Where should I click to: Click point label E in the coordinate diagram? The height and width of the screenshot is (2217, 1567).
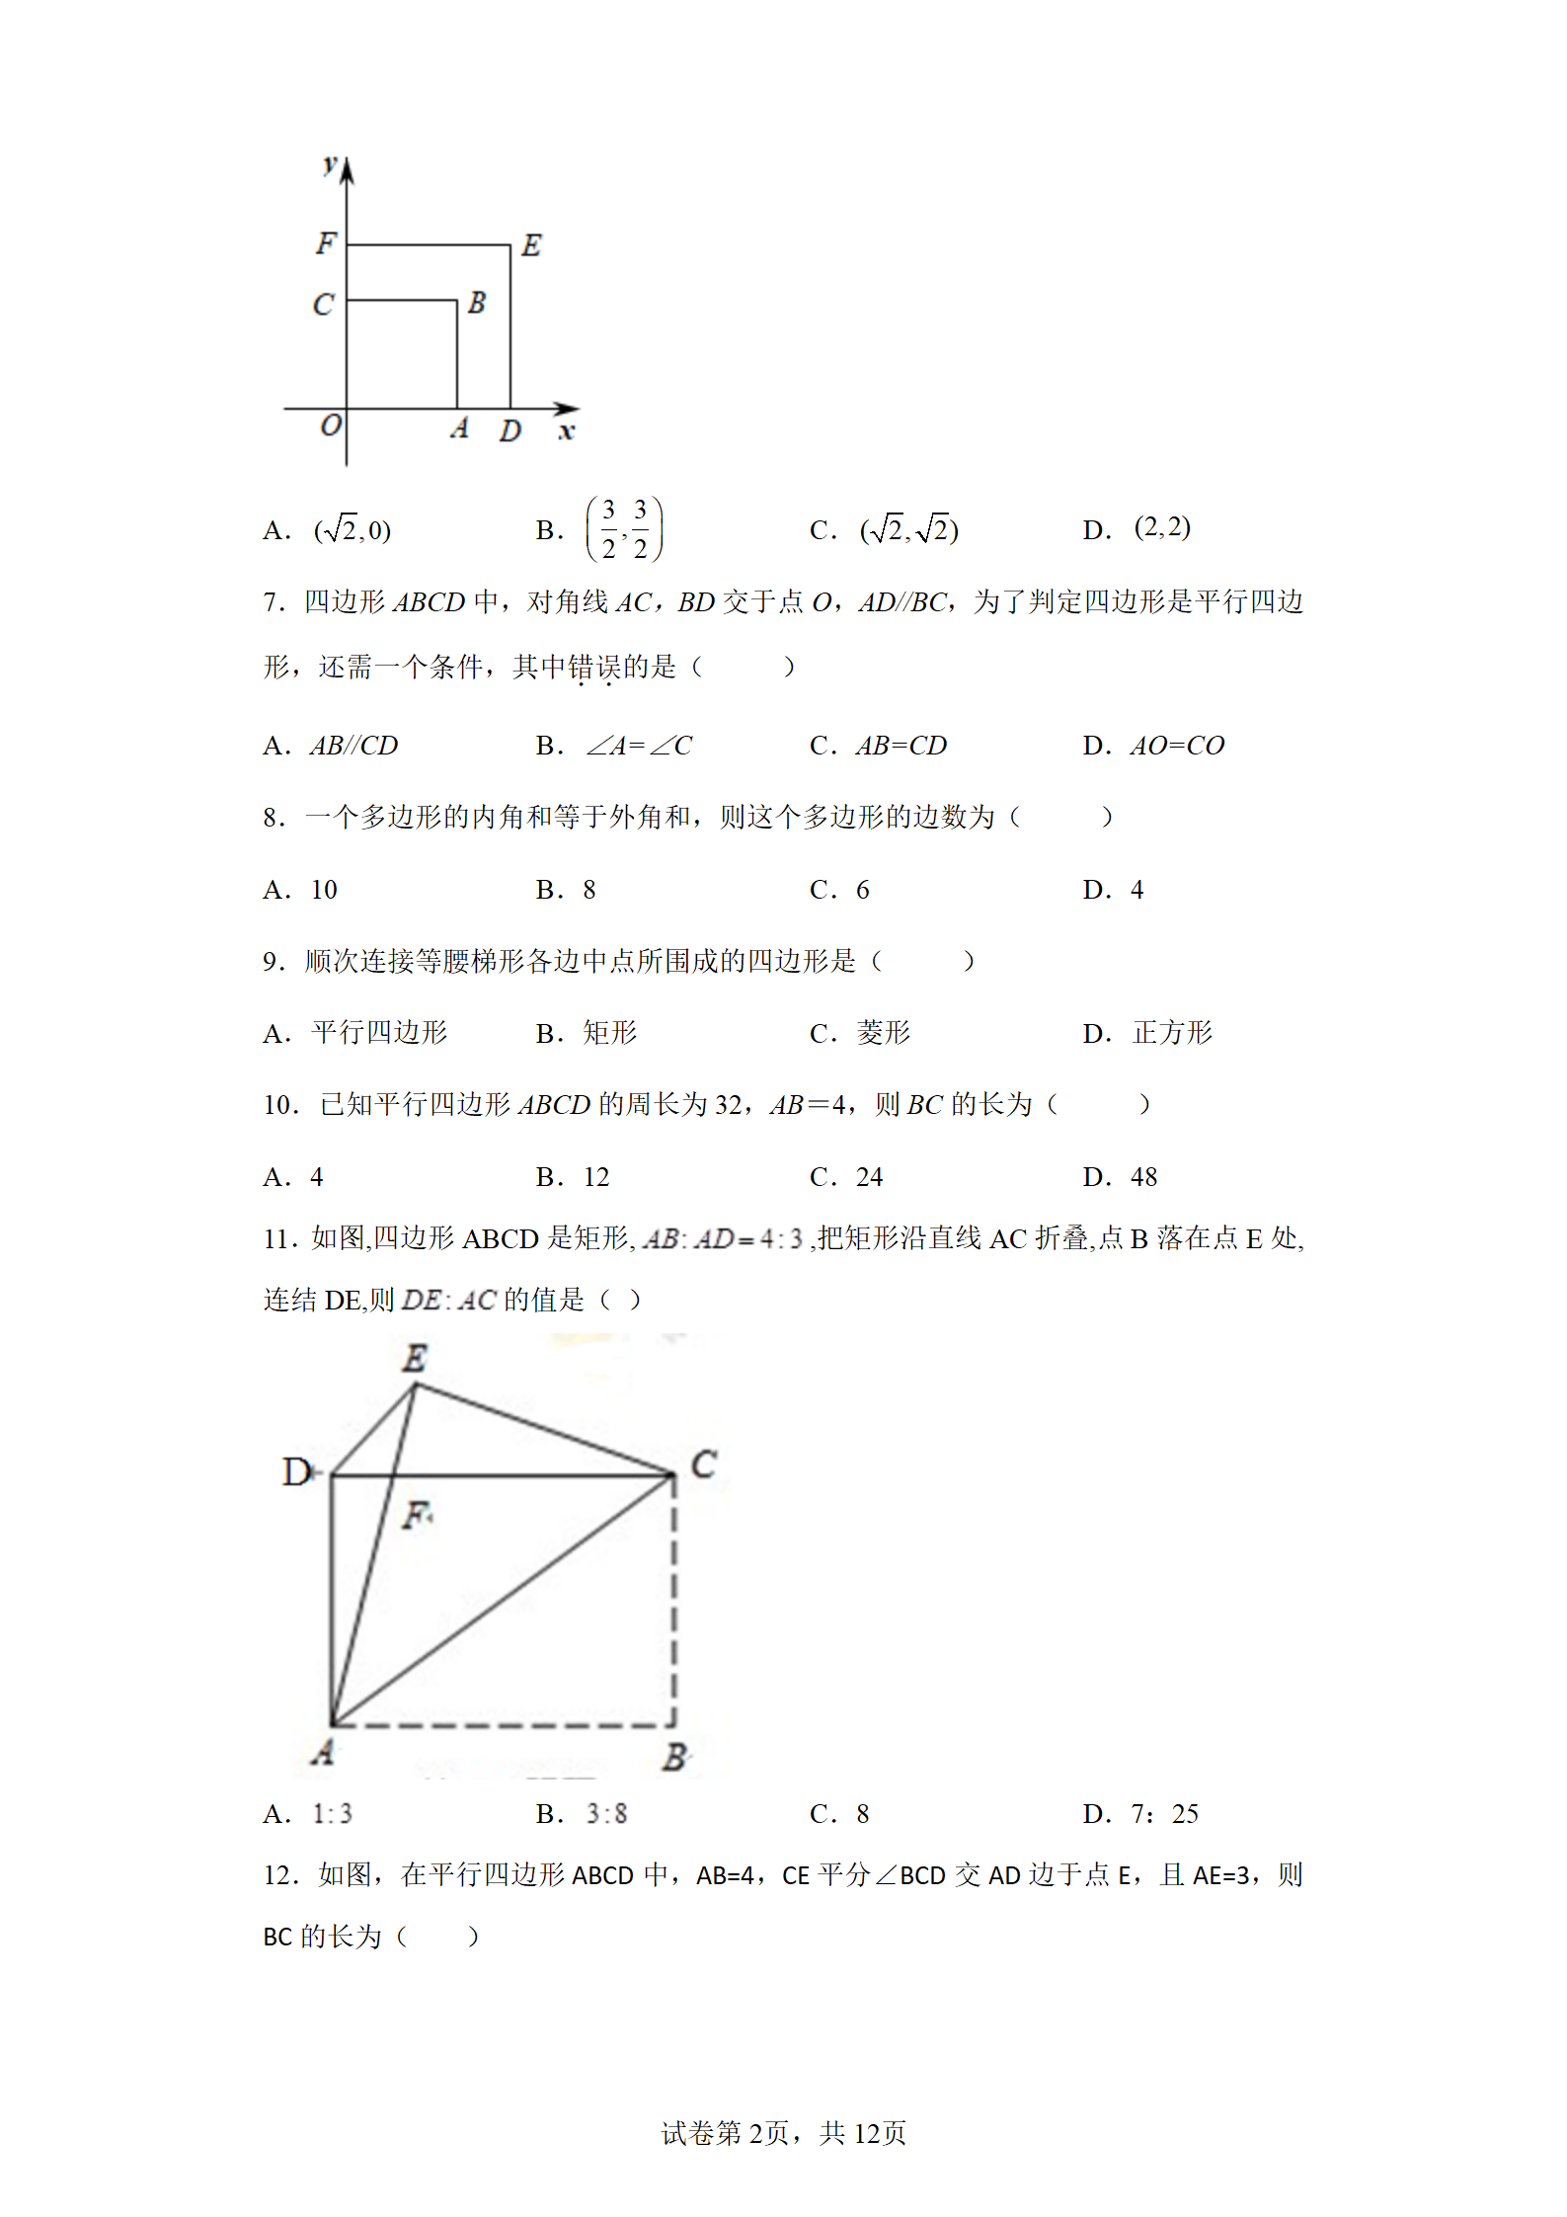[x=531, y=245]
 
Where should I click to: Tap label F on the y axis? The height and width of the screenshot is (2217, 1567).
[x=326, y=243]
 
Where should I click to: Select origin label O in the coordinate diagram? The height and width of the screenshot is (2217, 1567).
[x=330, y=426]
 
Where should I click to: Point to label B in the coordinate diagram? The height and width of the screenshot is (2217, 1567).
[x=477, y=302]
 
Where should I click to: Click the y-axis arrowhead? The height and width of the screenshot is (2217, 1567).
[x=347, y=170]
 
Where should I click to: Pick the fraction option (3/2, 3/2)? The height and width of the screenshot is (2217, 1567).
[x=624, y=529]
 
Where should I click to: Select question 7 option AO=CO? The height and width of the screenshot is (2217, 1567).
[x=1177, y=746]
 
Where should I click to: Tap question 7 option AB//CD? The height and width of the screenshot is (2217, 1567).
[x=353, y=746]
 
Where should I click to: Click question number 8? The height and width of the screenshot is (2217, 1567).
[x=274, y=818]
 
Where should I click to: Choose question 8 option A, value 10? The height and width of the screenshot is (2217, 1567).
[x=324, y=890]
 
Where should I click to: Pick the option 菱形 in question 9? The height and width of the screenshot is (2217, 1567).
[x=883, y=1033]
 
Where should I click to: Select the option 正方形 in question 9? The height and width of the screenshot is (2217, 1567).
[x=1172, y=1033]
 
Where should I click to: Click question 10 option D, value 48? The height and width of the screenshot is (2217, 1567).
[x=1143, y=1177]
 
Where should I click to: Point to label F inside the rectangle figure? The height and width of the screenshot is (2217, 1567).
[x=416, y=1514]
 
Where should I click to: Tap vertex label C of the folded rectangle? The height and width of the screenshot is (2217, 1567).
[x=703, y=1464]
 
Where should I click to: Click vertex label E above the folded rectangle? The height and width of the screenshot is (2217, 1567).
[x=415, y=1359]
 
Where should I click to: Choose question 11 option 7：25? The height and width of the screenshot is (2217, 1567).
[x=1164, y=1813]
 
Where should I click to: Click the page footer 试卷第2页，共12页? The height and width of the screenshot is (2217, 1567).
[x=783, y=2133]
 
